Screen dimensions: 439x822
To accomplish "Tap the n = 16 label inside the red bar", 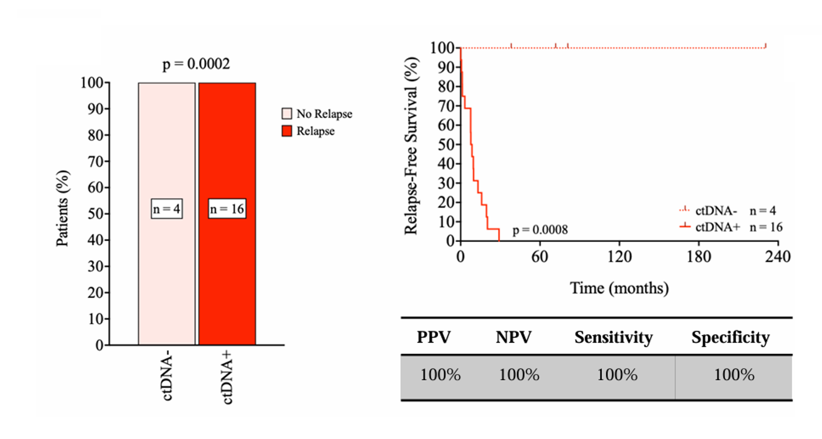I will coord(227,210).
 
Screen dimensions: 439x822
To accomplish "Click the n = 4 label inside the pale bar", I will coord(166,210).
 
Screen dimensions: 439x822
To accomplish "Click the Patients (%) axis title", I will coord(63,208).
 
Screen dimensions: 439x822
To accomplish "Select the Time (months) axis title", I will coord(619,288).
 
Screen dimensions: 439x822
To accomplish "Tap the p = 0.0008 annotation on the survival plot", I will coord(540,231).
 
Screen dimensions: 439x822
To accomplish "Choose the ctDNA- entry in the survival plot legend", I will coord(716,211).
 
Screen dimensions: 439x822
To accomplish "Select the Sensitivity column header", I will coord(614,338).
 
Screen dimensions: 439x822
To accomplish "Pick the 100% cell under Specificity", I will coord(734,376).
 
